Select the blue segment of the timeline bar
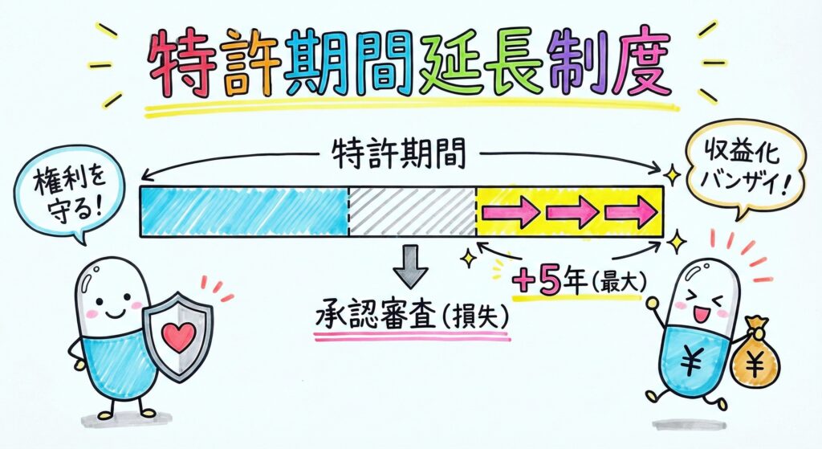[244, 211]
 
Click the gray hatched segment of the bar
[412, 211]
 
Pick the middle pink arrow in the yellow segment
[573, 212]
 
